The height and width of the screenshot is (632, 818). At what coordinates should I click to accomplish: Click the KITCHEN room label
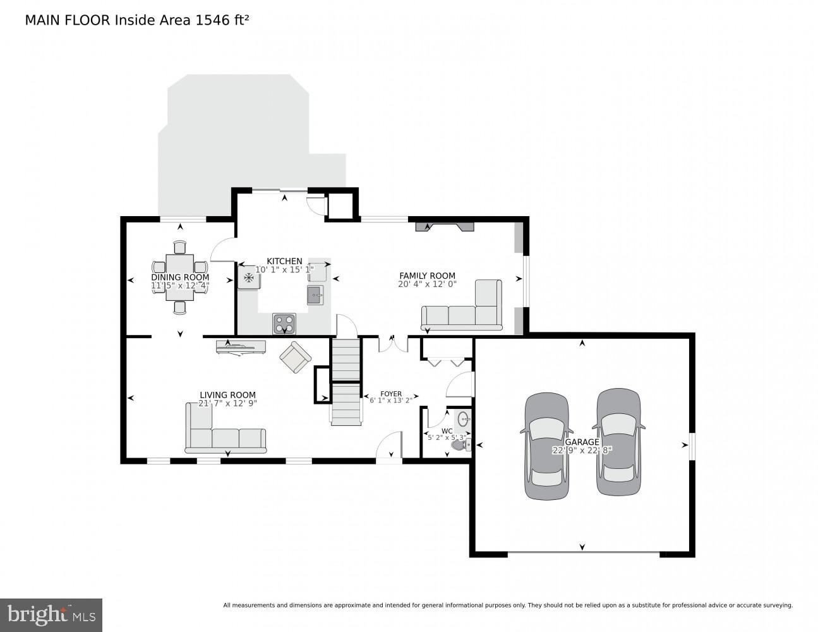tap(284, 261)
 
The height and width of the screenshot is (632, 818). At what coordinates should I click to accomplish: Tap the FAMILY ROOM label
tap(427, 276)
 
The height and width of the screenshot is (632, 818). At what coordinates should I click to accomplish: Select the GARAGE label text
tap(582, 442)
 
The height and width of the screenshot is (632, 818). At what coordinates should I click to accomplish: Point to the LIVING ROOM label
tap(227, 395)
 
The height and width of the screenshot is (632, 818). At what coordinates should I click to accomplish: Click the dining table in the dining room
tap(180, 277)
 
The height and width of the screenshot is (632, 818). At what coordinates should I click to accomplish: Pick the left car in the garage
tap(546, 446)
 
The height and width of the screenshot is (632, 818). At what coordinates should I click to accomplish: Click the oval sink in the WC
tap(464, 418)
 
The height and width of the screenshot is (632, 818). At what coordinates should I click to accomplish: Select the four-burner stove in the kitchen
tap(284, 323)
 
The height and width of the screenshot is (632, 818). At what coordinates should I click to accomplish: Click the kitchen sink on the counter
tap(315, 295)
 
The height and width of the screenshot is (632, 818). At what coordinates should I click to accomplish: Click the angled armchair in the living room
tap(295, 357)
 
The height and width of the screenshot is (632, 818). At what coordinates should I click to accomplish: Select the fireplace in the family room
tap(444, 226)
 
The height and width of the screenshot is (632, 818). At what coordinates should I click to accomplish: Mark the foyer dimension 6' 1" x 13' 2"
tap(390, 400)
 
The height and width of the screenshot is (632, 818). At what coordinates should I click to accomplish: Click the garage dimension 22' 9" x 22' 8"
tap(582, 450)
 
